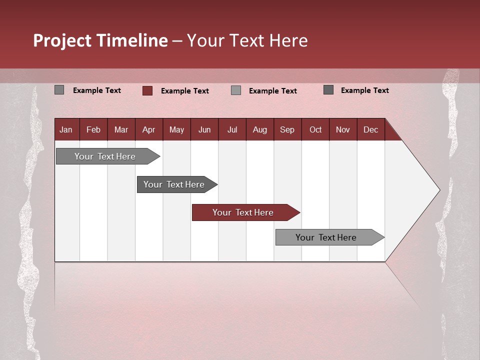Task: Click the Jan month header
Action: pos(66,129)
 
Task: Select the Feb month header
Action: pos(93,129)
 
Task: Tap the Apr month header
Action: pos(148,129)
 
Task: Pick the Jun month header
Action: pos(204,129)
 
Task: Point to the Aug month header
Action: pos(259,129)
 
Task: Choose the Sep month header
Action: pos(287,129)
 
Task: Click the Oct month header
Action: pos(315,129)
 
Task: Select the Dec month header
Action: pos(370,129)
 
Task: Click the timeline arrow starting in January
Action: pos(105,156)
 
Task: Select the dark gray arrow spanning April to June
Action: pos(174,184)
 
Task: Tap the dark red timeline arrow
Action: pos(243,212)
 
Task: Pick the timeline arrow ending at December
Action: pos(326,237)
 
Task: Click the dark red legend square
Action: pos(147,90)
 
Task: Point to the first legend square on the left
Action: pos(59,90)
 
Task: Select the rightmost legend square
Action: pos(328,90)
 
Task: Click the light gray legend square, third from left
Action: pos(236,90)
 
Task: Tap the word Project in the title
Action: pos(62,40)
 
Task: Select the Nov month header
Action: pos(342,129)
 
